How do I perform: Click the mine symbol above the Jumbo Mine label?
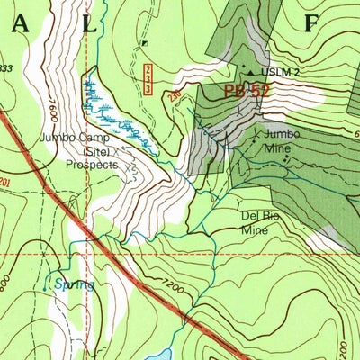(x=256, y=134)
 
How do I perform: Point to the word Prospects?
(x=92, y=166)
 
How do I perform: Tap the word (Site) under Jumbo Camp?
(x=90, y=152)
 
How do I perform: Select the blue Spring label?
(x=73, y=284)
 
